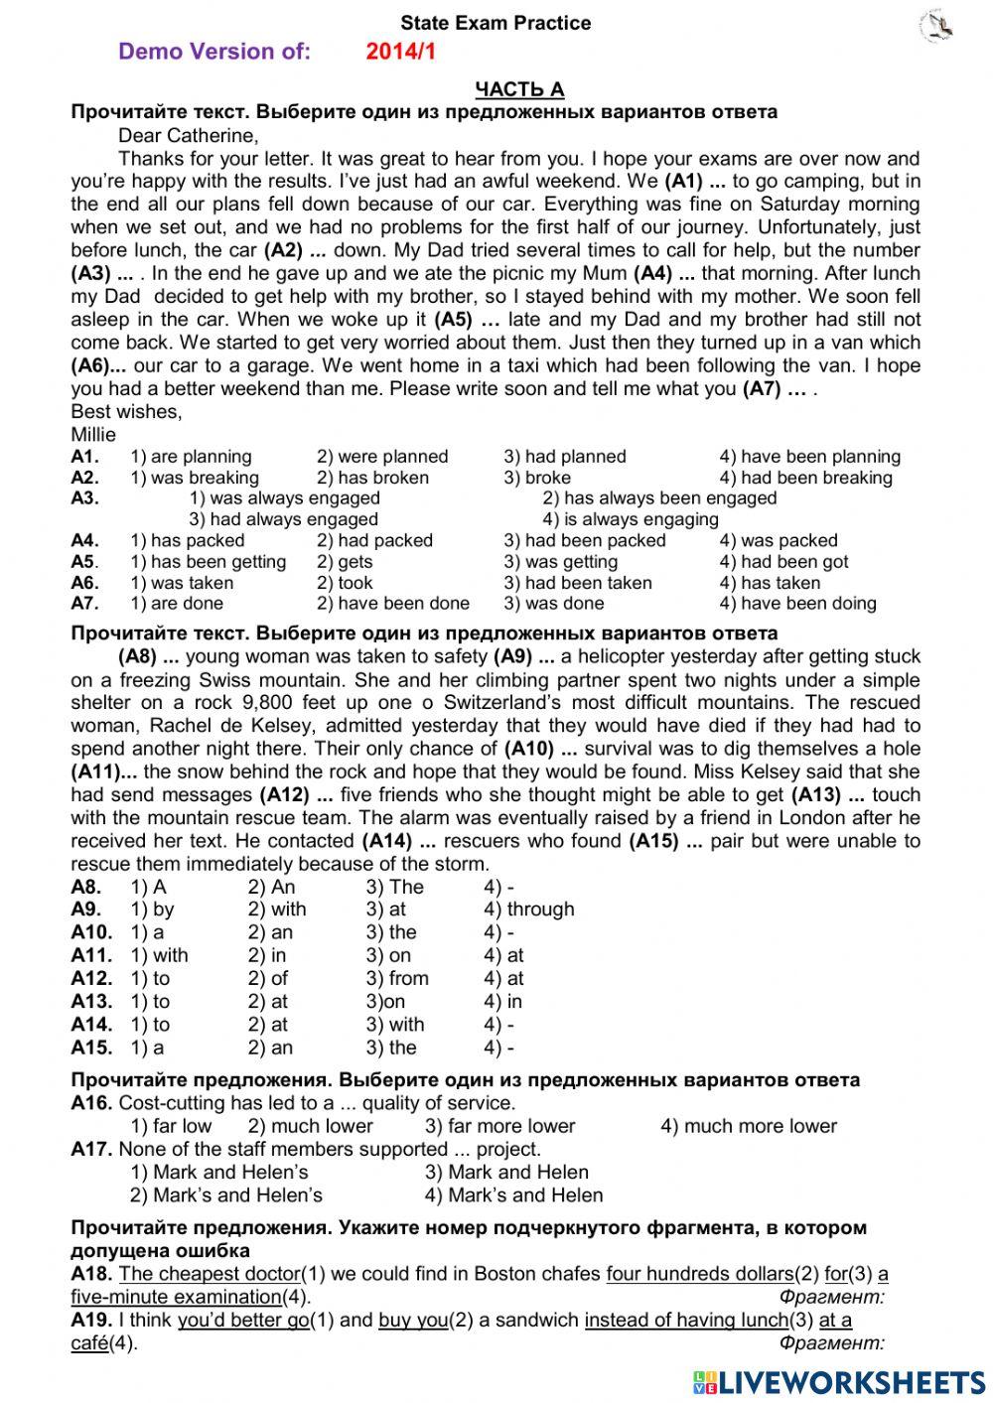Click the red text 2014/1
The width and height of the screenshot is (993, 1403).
pyautogui.click(x=400, y=52)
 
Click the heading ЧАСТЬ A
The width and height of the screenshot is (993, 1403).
pyautogui.click(x=519, y=89)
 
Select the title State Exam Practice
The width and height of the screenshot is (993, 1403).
pyautogui.click(x=496, y=23)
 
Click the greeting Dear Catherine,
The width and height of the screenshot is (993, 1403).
pyautogui.click(x=188, y=135)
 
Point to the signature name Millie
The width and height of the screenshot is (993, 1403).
pyautogui.click(x=93, y=434)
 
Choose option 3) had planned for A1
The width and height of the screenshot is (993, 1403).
pyautogui.click(x=564, y=457)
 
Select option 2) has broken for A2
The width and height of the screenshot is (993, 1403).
pyautogui.click(x=372, y=478)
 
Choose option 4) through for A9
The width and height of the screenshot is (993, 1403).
pyautogui.click(x=528, y=910)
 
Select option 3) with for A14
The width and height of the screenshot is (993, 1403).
pyautogui.click(x=394, y=1025)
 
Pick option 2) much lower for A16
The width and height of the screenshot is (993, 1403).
pyautogui.click(x=310, y=1126)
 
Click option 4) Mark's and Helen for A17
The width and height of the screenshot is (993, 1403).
pyautogui.click(x=513, y=1195)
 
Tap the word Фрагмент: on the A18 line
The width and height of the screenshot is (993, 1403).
pyautogui.click(x=831, y=1297)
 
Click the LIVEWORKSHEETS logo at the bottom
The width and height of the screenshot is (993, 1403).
pyautogui.click(x=839, y=1381)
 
